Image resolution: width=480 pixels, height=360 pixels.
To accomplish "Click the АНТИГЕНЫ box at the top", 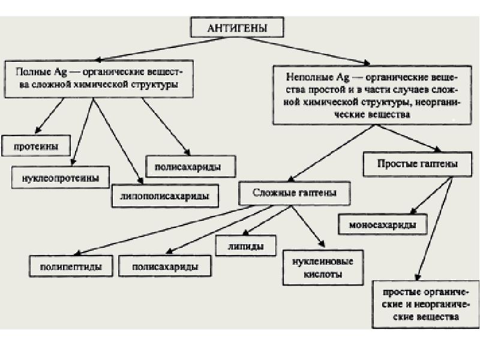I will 237,28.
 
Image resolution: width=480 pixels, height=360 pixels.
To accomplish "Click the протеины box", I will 35,145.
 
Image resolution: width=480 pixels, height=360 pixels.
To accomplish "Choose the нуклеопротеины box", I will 61,178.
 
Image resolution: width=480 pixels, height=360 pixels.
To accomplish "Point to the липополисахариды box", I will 164,196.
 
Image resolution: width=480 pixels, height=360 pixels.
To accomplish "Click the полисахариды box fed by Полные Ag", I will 191,166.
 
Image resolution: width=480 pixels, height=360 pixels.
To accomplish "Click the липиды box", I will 246,245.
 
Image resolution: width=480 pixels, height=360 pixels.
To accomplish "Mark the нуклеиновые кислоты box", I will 323,267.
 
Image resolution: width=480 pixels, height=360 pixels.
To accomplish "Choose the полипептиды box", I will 71,265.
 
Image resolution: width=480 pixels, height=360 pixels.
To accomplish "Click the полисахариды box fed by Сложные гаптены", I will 164,265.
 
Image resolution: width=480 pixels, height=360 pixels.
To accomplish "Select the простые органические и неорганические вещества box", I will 424,304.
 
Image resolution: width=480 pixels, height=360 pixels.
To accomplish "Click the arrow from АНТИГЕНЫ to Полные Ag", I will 144,50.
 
